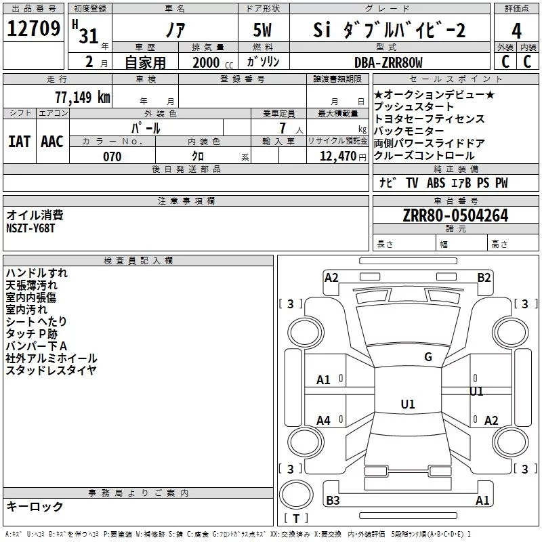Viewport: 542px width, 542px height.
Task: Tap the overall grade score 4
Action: (x=517, y=31)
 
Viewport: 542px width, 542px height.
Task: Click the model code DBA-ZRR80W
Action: (x=388, y=63)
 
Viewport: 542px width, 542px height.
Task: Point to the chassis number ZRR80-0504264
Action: (x=455, y=216)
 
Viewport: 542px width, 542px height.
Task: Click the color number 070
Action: (x=112, y=157)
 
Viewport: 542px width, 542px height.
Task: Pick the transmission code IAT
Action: (x=19, y=142)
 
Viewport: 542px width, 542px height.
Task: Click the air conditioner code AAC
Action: (x=52, y=142)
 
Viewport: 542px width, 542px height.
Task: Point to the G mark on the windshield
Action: (x=428, y=357)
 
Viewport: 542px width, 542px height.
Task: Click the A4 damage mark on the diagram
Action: (x=324, y=421)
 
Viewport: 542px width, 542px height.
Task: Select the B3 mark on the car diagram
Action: (x=333, y=501)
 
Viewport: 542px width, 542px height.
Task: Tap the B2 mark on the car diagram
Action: (x=484, y=277)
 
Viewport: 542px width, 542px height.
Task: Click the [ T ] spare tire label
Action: (x=295, y=519)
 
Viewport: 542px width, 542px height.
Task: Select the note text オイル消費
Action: (x=35, y=215)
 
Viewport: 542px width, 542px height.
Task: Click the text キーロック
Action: (x=35, y=507)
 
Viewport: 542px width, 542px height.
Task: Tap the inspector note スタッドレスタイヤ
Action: (x=51, y=370)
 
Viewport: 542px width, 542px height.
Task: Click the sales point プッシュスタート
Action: (x=414, y=107)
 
